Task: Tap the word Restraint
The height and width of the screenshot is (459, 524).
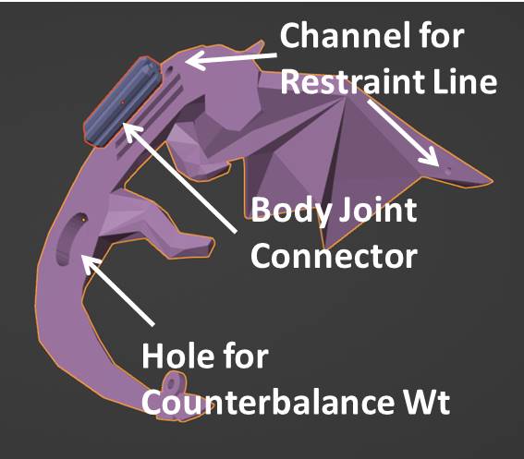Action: tap(352, 81)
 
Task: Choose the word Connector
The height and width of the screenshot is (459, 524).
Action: tap(334, 256)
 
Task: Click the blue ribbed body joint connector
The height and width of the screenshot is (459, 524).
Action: tap(122, 102)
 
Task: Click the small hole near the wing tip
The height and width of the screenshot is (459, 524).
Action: tap(448, 171)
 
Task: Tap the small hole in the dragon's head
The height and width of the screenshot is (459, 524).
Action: tap(170, 70)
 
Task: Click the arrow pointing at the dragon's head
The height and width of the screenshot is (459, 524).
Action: tap(231, 59)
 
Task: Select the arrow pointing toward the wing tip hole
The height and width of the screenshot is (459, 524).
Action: tap(403, 133)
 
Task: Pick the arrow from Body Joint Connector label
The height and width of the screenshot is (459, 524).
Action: tap(180, 177)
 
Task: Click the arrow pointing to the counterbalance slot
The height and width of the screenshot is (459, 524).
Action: tap(118, 290)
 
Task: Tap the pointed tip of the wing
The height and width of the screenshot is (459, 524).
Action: tap(492, 181)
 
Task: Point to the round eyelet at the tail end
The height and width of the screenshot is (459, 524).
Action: tap(173, 383)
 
